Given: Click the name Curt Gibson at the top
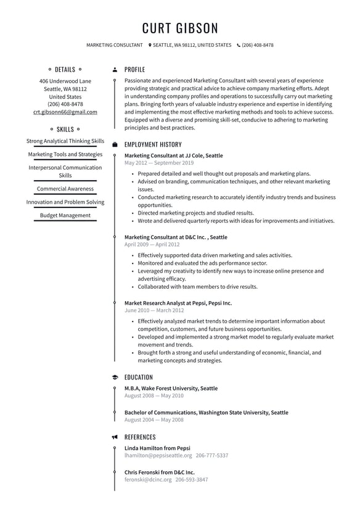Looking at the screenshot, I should (180, 28).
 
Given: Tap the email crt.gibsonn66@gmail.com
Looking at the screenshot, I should (65, 112).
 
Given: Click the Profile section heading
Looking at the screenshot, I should (134, 70).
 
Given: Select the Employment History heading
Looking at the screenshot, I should (153, 144).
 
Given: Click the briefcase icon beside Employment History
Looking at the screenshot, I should (115, 144).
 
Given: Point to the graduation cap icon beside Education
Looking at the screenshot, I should (115, 377).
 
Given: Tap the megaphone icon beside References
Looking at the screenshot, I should (115, 437).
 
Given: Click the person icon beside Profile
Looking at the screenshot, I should (115, 70).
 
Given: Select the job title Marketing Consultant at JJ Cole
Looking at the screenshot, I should (173, 155).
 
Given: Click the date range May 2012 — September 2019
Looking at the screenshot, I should (158, 163).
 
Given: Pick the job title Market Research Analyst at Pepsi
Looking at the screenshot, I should (178, 303).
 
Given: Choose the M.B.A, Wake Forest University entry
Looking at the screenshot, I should (171, 388).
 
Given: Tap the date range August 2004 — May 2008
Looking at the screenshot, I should (153, 420).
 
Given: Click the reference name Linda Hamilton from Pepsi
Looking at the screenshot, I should (157, 448).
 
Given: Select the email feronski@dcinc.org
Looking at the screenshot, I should (148, 479).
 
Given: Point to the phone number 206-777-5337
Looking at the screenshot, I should (212, 455).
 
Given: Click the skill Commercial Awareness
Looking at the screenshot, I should (65, 189).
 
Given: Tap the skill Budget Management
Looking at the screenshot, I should (65, 215).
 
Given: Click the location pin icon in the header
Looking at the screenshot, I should (150, 45).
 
